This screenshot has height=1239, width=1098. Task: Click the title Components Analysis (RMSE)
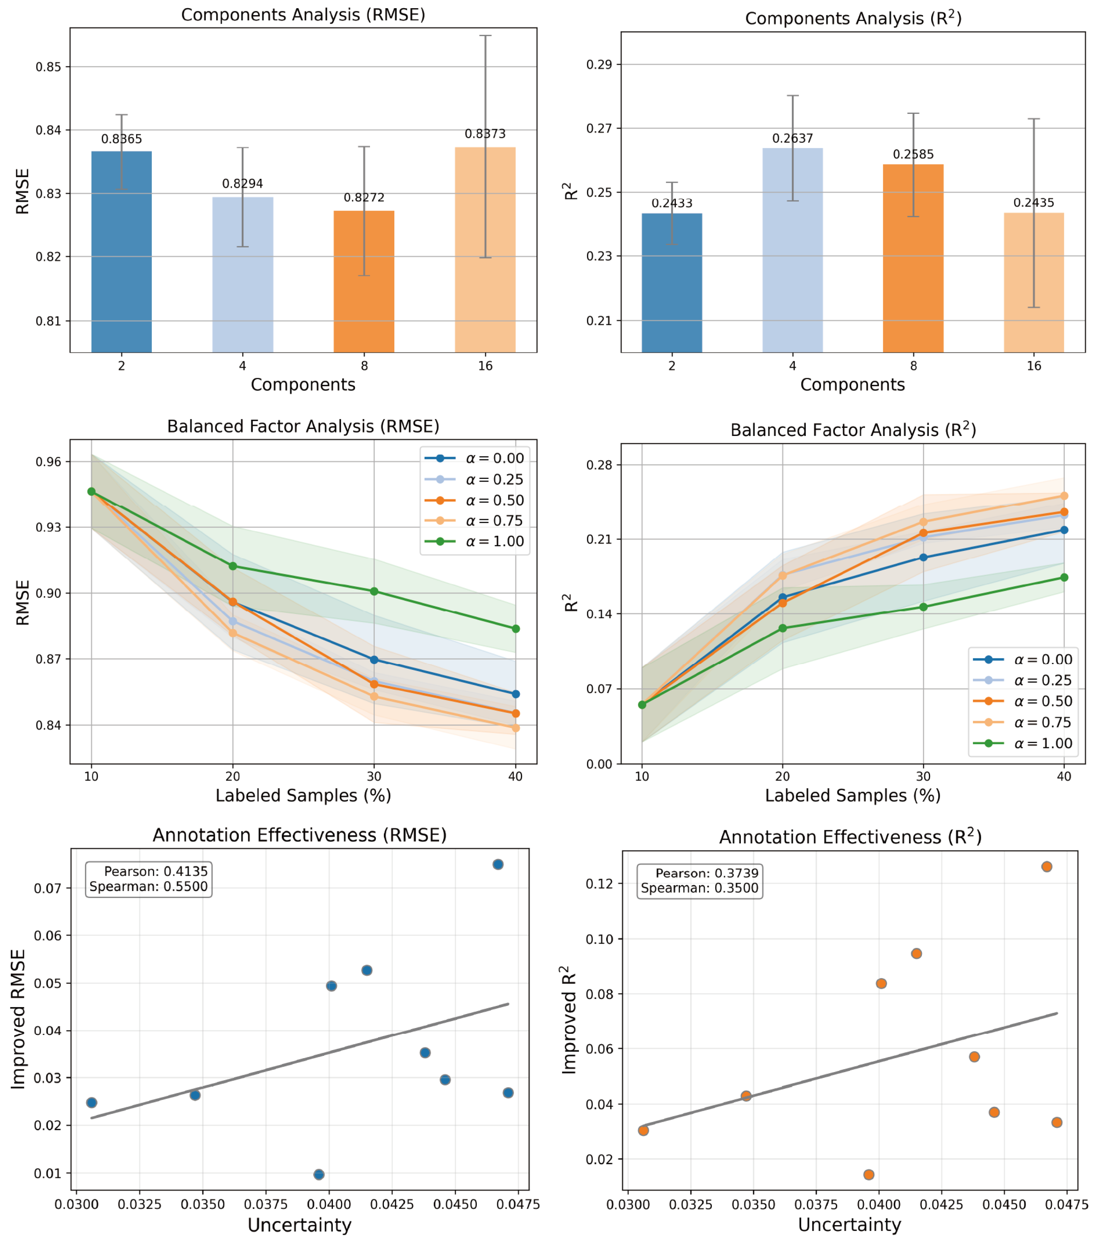(303, 15)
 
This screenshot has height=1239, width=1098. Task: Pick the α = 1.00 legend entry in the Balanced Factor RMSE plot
(494, 541)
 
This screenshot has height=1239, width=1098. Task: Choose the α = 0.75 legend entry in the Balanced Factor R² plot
(1042, 722)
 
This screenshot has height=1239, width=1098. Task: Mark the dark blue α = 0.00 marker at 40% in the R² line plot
(1064, 530)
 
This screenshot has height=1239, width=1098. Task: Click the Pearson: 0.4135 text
(155, 872)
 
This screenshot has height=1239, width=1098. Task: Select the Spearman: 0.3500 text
(699, 889)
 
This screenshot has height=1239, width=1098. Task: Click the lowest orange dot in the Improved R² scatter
(868, 1175)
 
